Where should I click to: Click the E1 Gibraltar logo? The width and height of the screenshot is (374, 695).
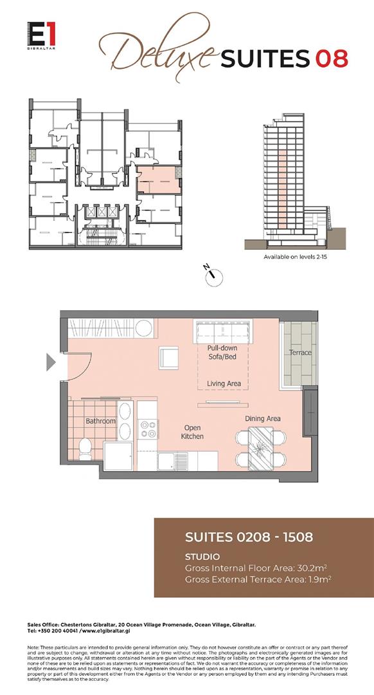coord(40,34)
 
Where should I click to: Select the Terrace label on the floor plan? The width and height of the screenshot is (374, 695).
coord(299,353)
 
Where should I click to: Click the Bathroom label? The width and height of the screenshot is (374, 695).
coord(100,422)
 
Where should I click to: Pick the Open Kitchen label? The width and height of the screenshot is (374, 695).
coord(193,432)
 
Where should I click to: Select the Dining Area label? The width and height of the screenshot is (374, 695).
coord(263,419)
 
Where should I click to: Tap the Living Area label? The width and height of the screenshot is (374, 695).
coord(224,384)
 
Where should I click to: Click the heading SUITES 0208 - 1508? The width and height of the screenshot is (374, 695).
coord(249,537)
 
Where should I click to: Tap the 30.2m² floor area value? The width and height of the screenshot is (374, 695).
coord(313,568)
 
